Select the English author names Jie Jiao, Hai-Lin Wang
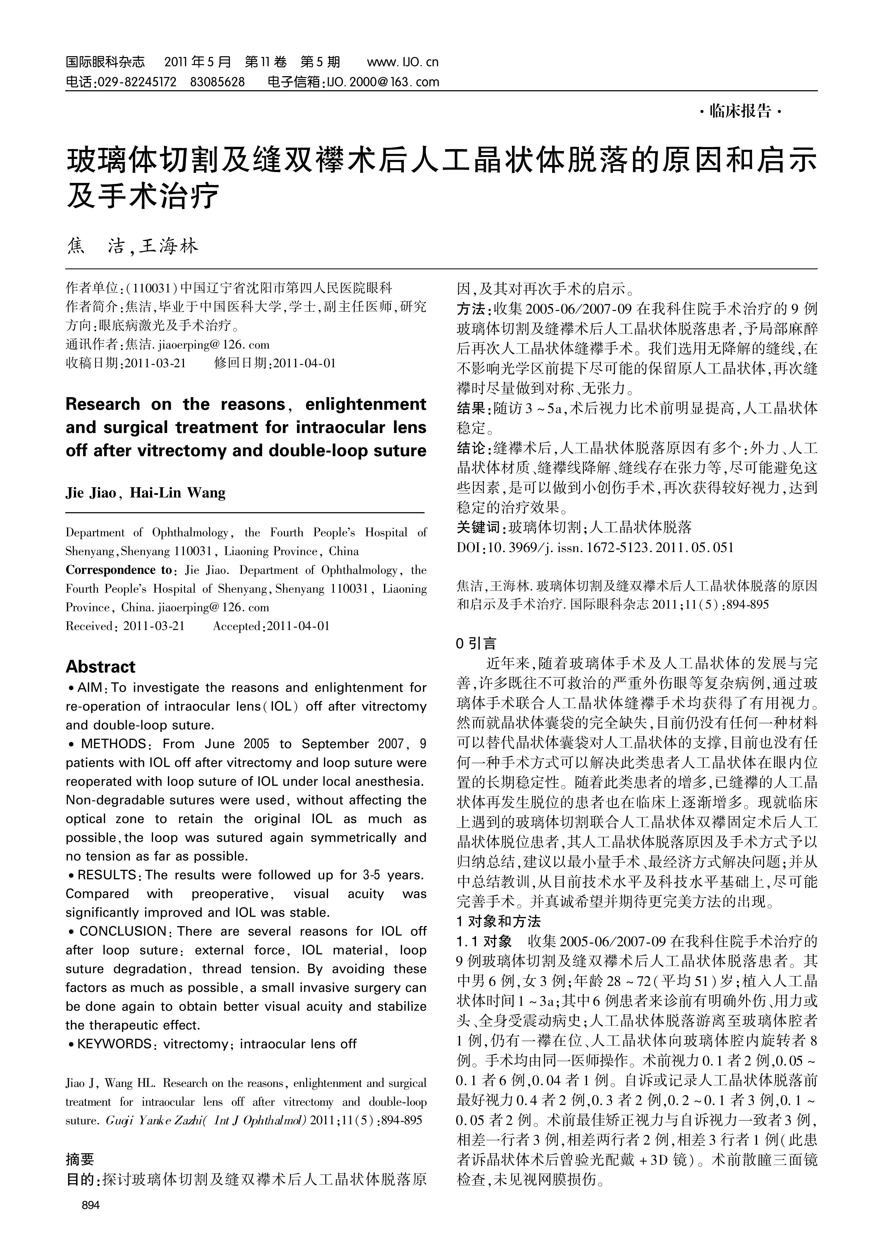click(145, 493)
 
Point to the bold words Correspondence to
click(118, 570)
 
